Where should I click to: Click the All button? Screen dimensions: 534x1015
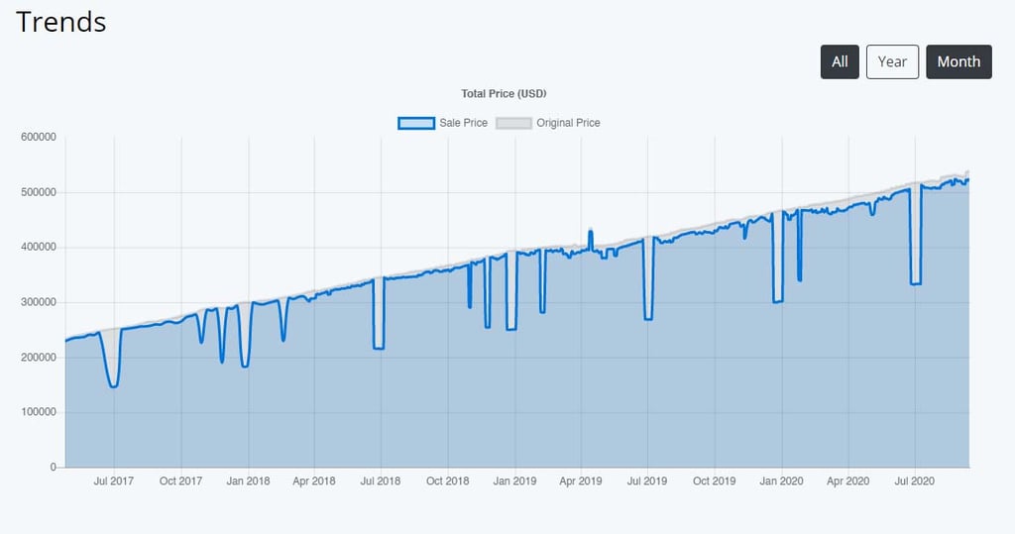[x=840, y=61]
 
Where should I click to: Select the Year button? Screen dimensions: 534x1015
[x=892, y=61]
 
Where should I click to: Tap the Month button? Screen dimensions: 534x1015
[x=959, y=61]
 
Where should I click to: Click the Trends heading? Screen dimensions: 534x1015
[x=61, y=22]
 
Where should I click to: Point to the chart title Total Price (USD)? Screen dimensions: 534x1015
[x=505, y=94]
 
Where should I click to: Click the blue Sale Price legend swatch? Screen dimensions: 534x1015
[x=416, y=123]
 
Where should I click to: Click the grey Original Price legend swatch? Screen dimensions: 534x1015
[x=513, y=123]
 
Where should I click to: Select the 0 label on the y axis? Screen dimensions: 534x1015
[x=53, y=467]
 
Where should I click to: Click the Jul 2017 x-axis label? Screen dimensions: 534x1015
[x=114, y=481]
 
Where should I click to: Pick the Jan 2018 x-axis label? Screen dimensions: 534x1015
[x=248, y=481]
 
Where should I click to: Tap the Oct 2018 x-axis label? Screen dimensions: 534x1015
[x=448, y=481]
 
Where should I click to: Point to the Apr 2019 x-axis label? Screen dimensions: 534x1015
[x=581, y=481]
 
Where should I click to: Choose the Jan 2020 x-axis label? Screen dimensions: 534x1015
[x=781, y=481]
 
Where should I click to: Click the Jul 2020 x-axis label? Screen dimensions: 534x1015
[x=915, y=481]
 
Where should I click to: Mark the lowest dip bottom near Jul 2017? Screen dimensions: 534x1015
[x=114, y=386]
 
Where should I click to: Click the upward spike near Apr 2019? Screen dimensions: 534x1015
[x=591, y=232]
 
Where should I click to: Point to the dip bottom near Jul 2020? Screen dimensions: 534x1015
[x=916, y=283]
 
